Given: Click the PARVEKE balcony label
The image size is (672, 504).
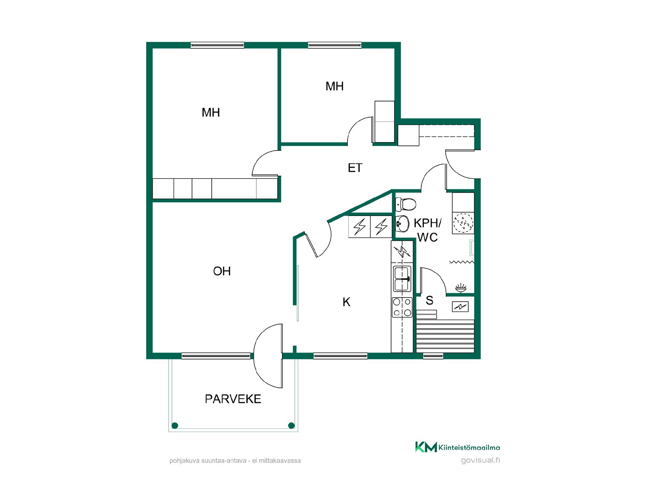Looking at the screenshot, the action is (233, 399).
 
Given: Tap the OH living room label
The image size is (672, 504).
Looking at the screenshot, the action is (222, 271).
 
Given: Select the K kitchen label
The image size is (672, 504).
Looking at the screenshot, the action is (346, 302).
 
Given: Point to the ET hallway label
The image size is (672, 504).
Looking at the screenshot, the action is (355, 168).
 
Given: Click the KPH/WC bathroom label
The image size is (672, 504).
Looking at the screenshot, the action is (427, 230).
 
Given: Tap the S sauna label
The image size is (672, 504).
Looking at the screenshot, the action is (429, 300).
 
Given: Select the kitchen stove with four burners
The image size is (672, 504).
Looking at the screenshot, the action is (402, 307).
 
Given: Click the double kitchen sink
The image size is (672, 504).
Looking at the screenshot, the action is (402, 279).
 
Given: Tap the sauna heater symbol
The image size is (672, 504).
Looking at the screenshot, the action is (460, 307).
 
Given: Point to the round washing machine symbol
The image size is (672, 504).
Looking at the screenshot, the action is (463, 223).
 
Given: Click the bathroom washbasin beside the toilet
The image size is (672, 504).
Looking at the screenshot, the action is (402, 223).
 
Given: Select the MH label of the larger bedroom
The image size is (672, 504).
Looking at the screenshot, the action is (211, 112).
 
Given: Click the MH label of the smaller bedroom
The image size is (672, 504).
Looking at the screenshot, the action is (335, 86).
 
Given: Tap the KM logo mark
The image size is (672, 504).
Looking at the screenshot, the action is (426, 447).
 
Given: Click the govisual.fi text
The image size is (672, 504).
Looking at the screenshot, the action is (481, 460).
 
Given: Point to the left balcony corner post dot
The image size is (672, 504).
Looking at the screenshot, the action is (175, 426).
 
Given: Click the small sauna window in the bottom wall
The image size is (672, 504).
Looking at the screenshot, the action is (433, 356).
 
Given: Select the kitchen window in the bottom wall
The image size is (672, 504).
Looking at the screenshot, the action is (340, 356).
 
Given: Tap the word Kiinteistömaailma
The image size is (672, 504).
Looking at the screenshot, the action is (469, 447).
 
